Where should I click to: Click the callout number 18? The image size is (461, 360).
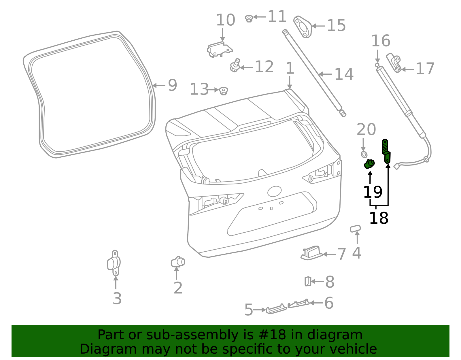379,218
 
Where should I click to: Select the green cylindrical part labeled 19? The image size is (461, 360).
369,164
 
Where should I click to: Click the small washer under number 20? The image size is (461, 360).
364,154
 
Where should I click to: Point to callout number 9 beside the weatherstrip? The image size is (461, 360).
172,85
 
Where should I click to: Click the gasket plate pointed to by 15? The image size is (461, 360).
303,27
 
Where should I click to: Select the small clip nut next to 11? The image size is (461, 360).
249,18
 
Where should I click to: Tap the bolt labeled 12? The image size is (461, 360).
235,66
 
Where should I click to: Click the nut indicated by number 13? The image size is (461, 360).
223,91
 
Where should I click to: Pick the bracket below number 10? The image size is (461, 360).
220,50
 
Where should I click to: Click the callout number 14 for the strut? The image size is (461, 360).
344,74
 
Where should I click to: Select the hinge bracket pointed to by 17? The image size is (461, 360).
394,63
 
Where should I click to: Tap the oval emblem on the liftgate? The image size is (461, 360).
274,191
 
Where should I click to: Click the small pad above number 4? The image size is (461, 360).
355,229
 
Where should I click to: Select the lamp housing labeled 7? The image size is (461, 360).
311,253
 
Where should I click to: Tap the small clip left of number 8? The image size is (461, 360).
308,281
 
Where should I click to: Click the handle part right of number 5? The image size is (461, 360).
276,309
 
